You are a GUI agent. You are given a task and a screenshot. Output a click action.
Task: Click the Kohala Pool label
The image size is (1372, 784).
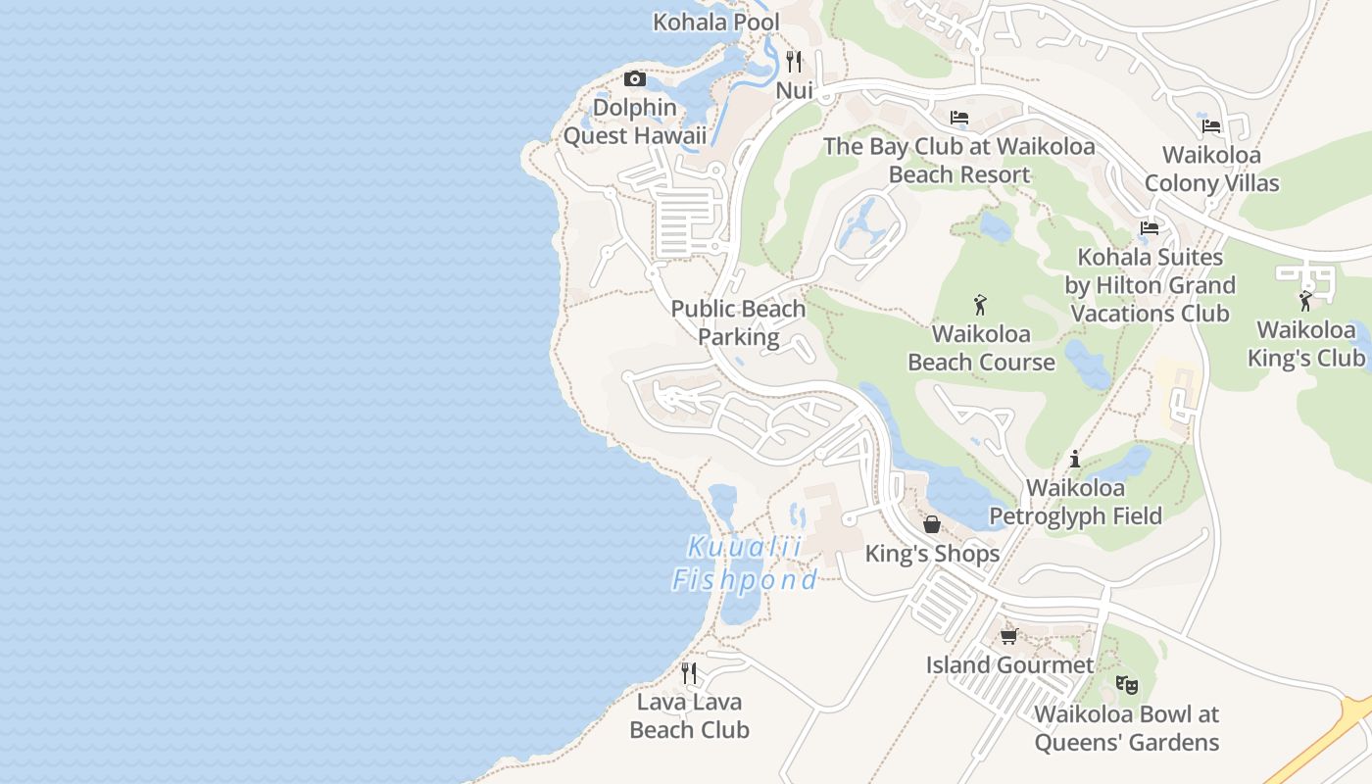(x=716, y=22)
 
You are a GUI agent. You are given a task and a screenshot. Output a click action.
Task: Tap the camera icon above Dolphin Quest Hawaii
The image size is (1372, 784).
(x=635, y=78)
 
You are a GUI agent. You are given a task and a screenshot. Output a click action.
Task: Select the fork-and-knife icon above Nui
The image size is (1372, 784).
(x=794, y=62)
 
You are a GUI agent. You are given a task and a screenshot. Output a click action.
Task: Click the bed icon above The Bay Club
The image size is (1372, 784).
(x=959, y=118)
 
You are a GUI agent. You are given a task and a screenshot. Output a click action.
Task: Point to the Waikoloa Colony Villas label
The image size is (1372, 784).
(x=1211, y=169)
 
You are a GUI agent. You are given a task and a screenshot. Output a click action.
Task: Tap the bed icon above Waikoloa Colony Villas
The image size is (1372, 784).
(x=1211, y=125)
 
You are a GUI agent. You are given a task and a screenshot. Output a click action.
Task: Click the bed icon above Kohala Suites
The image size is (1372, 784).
(x=1150, y=228)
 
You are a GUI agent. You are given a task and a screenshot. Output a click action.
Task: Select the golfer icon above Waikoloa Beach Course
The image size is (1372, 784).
(x=980, y=306)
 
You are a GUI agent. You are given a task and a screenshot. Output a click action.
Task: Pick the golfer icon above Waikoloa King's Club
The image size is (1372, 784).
(x=1305, y=301)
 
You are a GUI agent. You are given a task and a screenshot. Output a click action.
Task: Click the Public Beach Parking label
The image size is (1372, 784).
(x=738, y=322)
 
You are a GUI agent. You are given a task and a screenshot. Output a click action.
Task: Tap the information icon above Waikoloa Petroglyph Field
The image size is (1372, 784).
(x=1075, y=458)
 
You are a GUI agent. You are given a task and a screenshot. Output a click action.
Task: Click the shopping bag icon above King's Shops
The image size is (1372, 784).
(x=932, y=524)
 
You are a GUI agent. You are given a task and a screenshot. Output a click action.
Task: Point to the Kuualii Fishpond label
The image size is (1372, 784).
(x=745, y=563)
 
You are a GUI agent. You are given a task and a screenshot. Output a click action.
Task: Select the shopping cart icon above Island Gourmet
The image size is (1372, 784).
(x=1009, y=636)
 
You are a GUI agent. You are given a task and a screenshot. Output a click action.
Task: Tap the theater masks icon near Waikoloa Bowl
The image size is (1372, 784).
(x=1126, y=685)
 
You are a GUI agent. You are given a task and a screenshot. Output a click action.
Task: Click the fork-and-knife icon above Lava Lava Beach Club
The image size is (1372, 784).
(x=689, y=672)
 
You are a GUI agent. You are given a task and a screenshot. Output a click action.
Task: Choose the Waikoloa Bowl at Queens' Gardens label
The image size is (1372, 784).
(x=1126, y=728)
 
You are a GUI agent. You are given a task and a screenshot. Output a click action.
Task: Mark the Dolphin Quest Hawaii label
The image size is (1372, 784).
(x=634, y=122)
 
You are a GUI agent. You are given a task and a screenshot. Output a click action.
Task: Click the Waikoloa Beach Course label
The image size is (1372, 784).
(x=981, y=348)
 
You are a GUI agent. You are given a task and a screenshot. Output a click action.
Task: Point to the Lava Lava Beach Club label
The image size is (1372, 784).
(x=689, y=715)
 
